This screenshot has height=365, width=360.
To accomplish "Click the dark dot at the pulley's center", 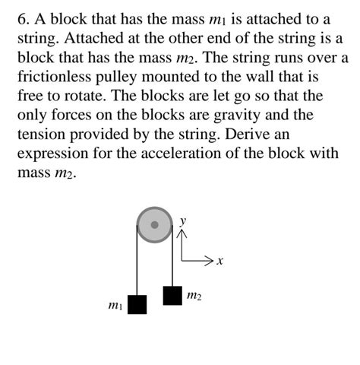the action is tap(156, 225).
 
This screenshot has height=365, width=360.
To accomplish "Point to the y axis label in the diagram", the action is tap(183, 220).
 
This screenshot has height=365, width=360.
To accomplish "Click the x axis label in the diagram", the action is tap(219, 262).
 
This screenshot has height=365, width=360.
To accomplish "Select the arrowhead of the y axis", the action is tap(181, 233).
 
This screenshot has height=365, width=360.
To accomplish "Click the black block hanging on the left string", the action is tap(137, 304).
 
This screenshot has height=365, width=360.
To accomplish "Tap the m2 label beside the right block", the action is tap(194, 294).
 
